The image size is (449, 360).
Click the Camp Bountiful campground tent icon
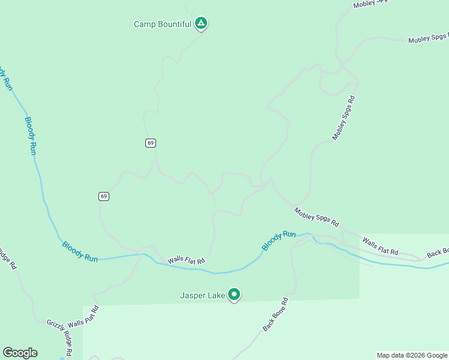tap(201, 23)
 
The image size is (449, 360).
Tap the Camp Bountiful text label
tap(162, 25)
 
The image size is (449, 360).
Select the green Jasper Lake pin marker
tap(235, 294)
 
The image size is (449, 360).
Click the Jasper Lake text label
tap(203, 295)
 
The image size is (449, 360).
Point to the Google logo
tap(20, 353)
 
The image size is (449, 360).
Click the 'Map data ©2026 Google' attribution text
tap(412, 355)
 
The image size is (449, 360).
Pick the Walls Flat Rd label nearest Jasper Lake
tap(186, 260)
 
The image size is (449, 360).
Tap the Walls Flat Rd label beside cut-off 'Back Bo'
tap(380, 246)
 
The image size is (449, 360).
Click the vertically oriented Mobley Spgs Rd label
tap(344, 118)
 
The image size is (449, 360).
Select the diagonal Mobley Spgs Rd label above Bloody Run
tap(316, 217)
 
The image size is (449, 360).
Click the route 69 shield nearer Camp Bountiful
tap(150, 143)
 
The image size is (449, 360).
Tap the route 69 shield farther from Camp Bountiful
tap(104, 196)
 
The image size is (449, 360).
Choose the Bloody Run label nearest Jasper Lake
tap(279, 241)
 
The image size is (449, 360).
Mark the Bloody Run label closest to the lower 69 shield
tap(79, 251)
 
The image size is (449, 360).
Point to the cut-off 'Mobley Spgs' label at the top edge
tap(370, 3)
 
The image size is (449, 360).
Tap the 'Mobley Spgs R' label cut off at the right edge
tap(428, 39)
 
